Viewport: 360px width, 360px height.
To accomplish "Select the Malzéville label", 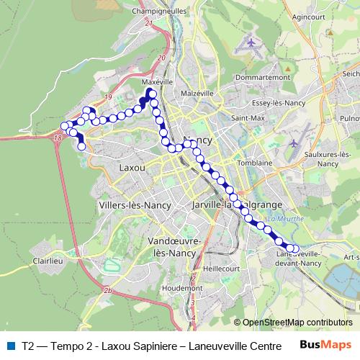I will click(199, 93).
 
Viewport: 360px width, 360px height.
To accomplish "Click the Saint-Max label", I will click(246, 117).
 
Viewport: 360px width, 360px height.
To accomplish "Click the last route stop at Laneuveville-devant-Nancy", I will click(294, 249).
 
